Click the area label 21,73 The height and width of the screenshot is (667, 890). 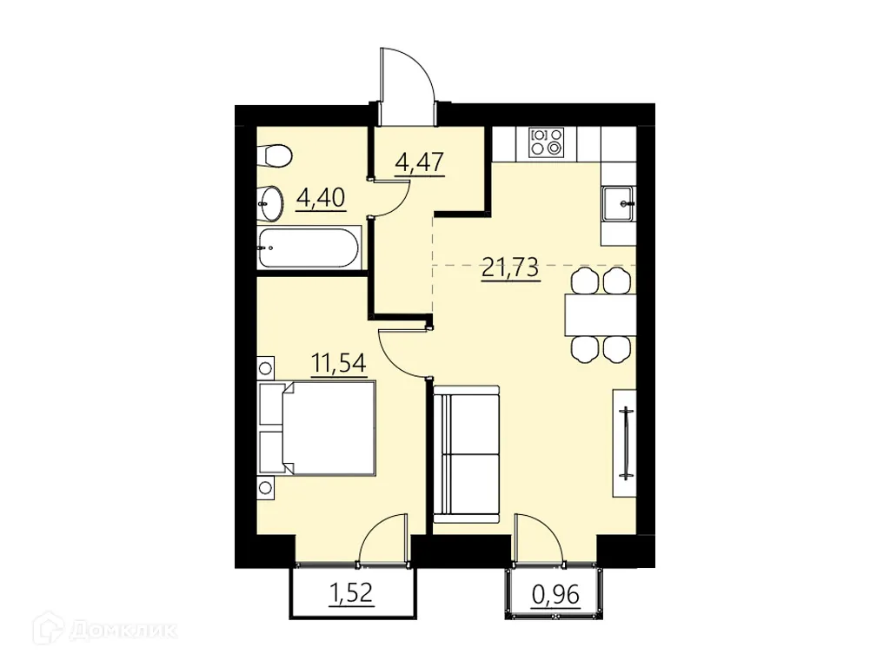[511, 267]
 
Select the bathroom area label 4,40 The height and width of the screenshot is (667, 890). [321, 198]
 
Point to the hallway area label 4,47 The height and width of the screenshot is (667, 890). [420, 162]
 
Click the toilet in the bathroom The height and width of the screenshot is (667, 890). [276, 156]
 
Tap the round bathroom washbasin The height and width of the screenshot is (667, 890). [270, 204]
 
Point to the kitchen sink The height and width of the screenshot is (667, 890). [620, 203]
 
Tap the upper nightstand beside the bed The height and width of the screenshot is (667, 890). [266, 365]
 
